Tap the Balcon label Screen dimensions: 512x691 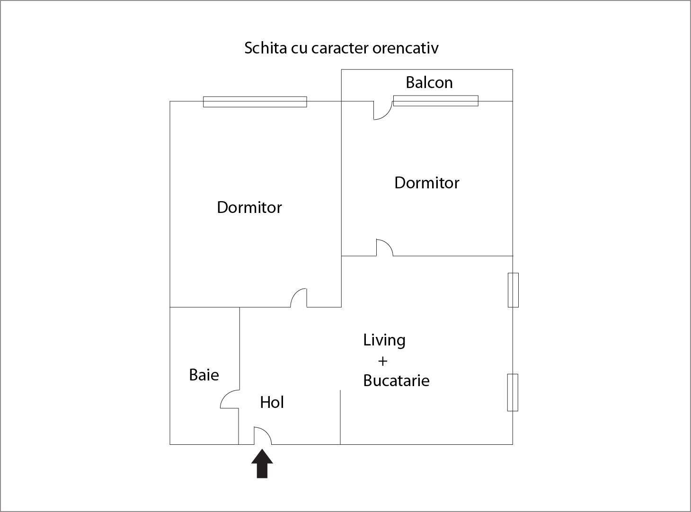click(x=429, y=83)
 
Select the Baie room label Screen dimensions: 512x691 click(x=204, y=375)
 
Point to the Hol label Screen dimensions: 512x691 click(x=272, y=402)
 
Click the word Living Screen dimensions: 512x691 click(x=384, y=340)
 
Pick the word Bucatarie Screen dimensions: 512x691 click(x=396, y=380)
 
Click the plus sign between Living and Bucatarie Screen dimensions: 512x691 click(x=382, y=361)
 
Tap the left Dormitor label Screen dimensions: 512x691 click(x=249, y=207)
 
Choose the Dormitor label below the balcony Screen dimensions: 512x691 click(x=426, y=183)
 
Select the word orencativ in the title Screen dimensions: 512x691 click(x=405, y=48)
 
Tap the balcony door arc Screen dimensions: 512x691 click(x=382, y=110)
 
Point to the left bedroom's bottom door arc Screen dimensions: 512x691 click(x=299, y=298)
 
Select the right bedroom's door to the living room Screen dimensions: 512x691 click(x=385, y=247)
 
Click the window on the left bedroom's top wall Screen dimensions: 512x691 click(x=255, y=102)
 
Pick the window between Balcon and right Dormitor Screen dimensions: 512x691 click(x=435, y=101)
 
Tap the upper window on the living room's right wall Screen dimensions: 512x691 click(x=513, y=290)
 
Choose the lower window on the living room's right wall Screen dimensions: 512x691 click(x=513, y=392)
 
